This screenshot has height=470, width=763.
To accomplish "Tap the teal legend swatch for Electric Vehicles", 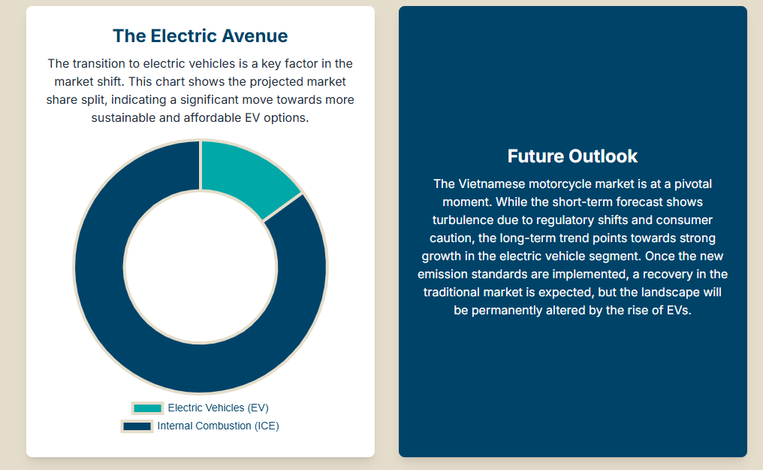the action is point(147,408).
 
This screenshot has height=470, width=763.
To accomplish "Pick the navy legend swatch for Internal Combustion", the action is point(137,426).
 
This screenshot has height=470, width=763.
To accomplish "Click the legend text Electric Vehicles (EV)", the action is point(218,408).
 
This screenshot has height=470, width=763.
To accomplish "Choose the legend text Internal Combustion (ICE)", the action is point(218,426).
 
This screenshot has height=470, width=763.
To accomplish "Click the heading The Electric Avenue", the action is point(200,36).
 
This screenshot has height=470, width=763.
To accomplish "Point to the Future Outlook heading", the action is point(572,156).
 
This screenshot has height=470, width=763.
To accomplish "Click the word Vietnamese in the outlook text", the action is point(492,184).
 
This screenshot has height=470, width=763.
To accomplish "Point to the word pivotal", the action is point(693,184).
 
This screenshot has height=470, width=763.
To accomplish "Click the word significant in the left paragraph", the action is point(210,100).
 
